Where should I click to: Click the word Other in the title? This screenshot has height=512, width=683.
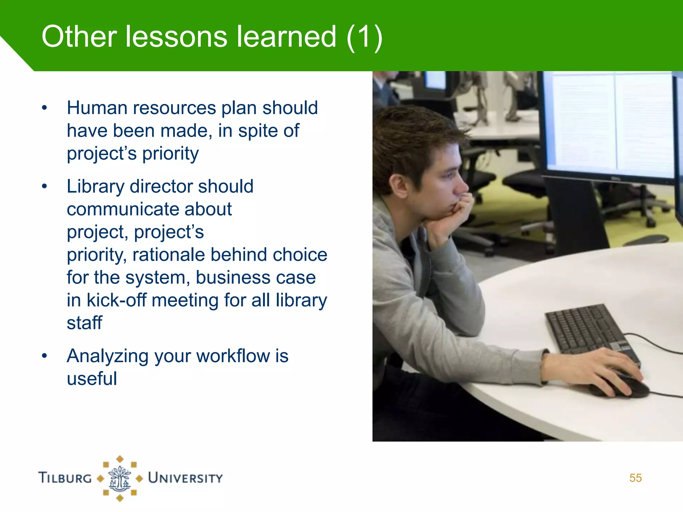click(79, 37)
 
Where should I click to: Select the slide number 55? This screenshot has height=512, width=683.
click(635, 478)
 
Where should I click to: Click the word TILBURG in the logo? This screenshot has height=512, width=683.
click(65, 478)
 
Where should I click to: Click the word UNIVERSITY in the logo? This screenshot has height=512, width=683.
click(185, 478)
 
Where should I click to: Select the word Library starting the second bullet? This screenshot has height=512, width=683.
click(95, 187)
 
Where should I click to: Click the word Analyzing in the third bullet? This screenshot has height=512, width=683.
click(107, 356)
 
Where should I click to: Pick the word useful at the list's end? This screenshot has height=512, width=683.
click(92, 379)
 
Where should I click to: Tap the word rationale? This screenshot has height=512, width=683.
click(168, 255)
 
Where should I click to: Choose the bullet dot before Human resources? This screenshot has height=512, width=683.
click(44, 108)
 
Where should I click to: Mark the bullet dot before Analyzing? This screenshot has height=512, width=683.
click(44, 356)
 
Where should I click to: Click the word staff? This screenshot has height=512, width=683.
click(84, 323)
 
